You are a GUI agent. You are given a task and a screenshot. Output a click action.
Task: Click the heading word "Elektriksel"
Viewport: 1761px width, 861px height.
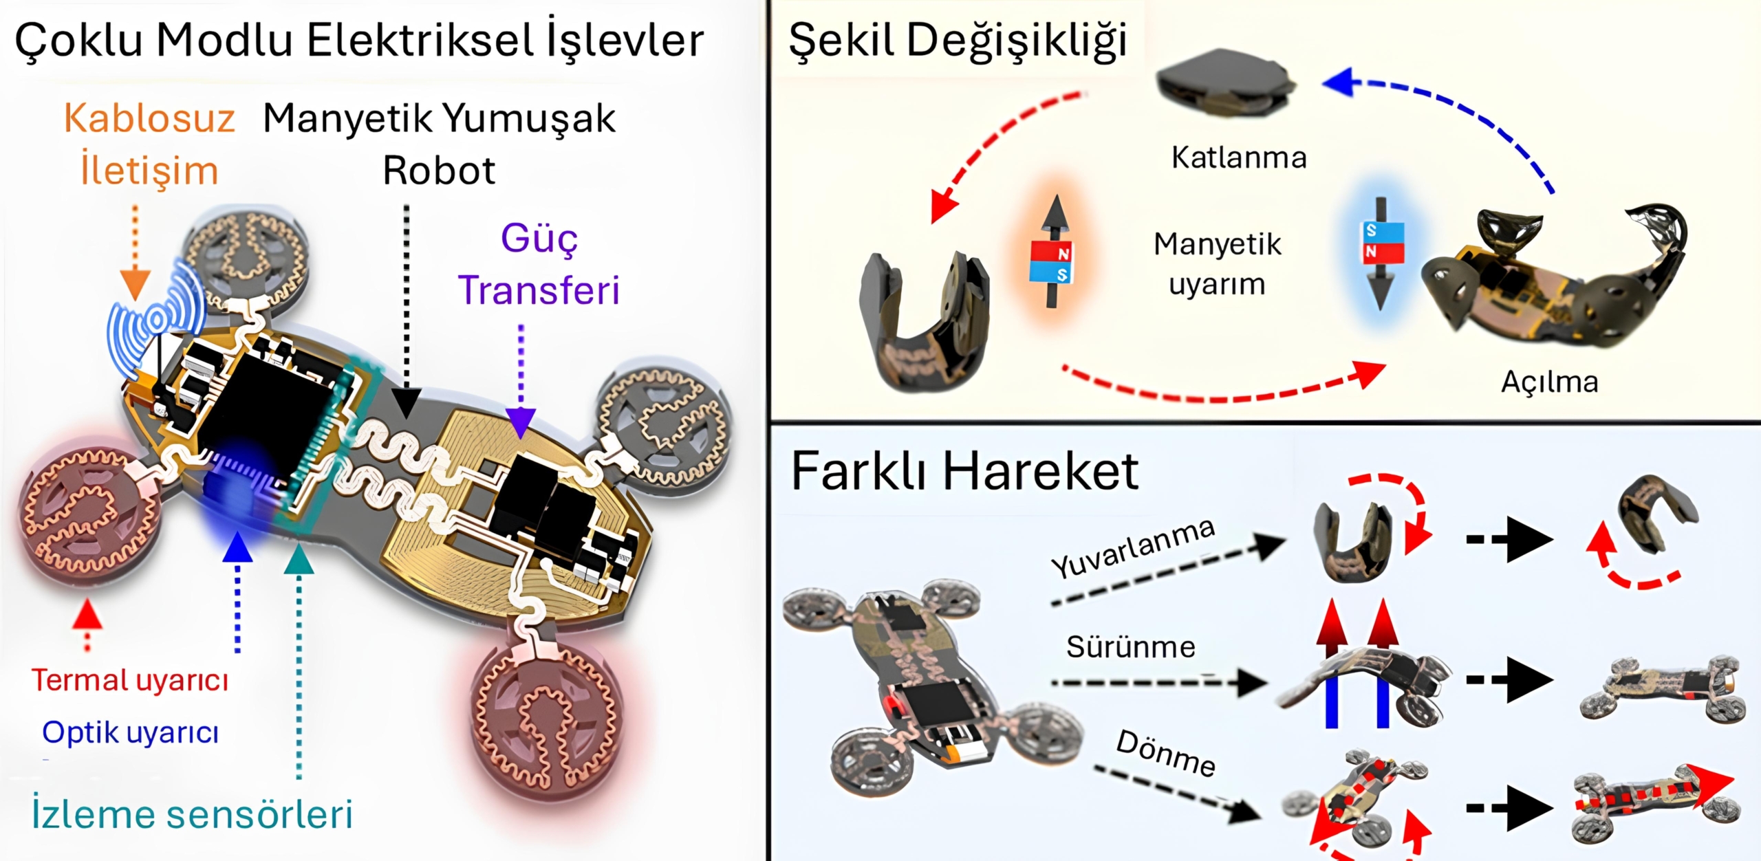[420, 40]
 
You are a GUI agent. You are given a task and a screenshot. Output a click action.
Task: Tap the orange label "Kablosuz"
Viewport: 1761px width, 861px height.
[149, 118]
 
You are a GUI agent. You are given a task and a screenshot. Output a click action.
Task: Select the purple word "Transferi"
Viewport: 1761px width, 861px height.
[539, 290]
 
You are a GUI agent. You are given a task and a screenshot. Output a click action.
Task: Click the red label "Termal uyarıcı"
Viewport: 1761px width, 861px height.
[130, 681]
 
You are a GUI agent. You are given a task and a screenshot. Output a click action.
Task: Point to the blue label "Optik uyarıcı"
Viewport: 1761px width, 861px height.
[131, 732]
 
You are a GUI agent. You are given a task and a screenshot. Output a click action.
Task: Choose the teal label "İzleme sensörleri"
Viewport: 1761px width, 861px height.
[193, 814]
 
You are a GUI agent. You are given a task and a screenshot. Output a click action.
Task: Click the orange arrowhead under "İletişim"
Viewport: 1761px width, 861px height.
[135, 283]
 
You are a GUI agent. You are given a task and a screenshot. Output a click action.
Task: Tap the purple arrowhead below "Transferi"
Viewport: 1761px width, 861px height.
[521, 422]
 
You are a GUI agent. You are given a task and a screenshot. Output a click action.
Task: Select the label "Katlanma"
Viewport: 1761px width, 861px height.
[1239, 158]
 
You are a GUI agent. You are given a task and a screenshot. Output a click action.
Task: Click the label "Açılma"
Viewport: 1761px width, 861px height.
[1549, 382]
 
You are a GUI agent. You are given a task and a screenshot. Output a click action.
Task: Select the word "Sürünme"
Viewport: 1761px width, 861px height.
[1131, 647]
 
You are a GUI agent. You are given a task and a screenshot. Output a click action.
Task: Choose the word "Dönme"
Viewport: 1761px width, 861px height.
[1165, 753]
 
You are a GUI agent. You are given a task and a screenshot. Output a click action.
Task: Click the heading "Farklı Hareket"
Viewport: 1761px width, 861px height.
[964, 472]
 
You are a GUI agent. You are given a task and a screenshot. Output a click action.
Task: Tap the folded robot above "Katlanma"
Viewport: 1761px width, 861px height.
[1225, 83]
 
